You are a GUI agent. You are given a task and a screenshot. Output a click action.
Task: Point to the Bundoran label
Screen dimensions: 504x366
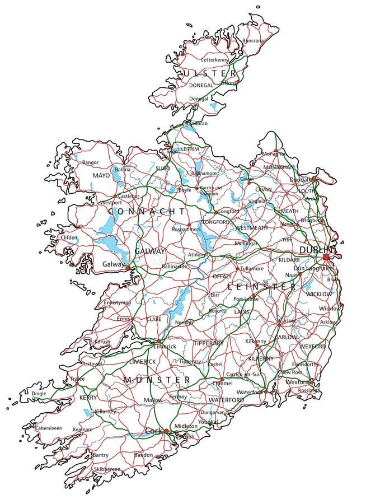(x=196, y=123)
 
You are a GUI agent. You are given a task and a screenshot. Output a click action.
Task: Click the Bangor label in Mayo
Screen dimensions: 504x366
(x=90, y=162)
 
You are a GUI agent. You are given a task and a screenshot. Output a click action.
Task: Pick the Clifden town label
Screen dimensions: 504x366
(x=69, y=237)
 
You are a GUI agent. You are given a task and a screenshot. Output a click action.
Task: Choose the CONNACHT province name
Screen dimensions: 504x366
(x=146, y=211)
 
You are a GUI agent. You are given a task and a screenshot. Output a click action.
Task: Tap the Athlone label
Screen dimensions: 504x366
(x=196, y=255)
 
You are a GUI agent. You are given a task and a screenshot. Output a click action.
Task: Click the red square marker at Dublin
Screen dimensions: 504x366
(x=326, y=257)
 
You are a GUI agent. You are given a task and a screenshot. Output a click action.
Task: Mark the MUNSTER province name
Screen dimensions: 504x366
(x=157, y=380)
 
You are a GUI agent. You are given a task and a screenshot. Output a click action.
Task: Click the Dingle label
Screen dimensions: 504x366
(x=39, y=394)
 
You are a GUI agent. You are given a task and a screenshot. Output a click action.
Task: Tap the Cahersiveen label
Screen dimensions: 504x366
(x=49, y=428)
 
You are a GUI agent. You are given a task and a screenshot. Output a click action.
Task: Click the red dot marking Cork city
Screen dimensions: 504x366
(x=166, y=431)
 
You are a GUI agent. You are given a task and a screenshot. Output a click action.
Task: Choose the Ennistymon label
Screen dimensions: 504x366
(x=117, y=302)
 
